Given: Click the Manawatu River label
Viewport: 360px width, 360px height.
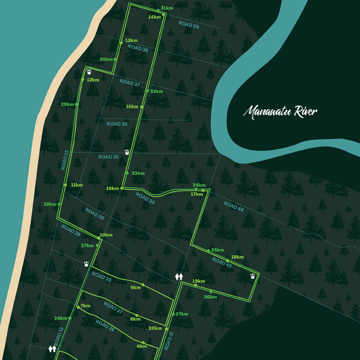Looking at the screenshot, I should (x=280, y=112).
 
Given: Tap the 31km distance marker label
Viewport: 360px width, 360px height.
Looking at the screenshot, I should (x=167, y=8).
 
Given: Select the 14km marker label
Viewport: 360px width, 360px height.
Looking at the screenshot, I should (x=154, y=17).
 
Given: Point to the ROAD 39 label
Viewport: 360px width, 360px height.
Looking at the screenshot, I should (x=189, y=25).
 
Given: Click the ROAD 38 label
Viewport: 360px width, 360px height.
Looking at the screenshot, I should (x=138, y=48).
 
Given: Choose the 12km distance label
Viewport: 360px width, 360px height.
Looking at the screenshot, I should (x=93, y=80).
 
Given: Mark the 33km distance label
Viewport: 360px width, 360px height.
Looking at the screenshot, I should (x=138, y=173).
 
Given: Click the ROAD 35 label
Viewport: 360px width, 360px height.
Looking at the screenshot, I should (x=109, y=157).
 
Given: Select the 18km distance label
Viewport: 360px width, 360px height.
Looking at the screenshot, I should (x=237, y=257).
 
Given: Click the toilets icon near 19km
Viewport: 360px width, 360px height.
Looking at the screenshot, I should (x=179, y=276).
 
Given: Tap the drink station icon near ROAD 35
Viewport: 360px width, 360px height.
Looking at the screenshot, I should (x=127, y=151).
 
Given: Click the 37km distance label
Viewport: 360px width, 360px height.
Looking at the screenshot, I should (x=182, y=314).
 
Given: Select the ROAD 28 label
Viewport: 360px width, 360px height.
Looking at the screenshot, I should (x=101, y=276).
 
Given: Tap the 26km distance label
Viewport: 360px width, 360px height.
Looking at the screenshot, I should (x=61, y=318).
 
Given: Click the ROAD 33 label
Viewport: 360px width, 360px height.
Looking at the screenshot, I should (x=145, y=197).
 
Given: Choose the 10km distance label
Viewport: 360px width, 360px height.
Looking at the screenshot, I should (x=106, y=235).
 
